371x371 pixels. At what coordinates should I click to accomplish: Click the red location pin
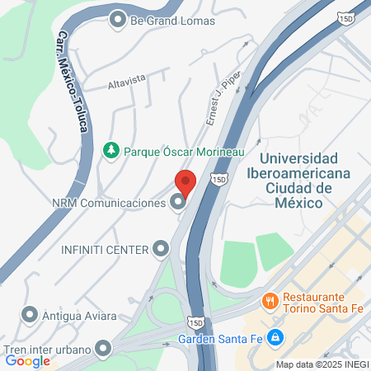[x=185, y=182]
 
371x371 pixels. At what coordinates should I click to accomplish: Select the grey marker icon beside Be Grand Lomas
[x=118, y=19]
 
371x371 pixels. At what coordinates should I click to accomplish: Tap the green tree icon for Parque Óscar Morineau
[x=110, y=150]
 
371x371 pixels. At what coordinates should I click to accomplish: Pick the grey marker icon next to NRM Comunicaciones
[x=177, y=202]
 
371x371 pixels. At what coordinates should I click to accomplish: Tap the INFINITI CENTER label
[x=104, y=248]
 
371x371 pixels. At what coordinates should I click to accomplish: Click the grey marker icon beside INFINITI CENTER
[x=161, y=248]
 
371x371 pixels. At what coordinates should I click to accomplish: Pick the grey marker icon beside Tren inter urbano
[x=103, y=349]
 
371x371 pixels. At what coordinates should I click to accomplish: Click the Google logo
[x=27, y=360]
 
